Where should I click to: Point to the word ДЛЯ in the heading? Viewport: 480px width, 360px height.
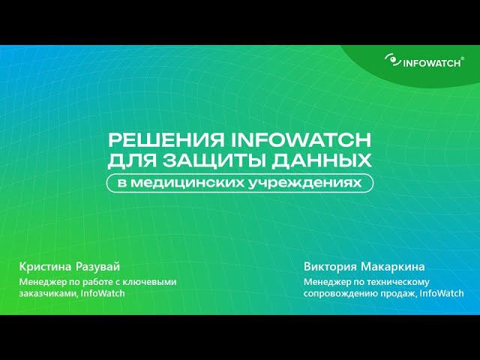point(129,160)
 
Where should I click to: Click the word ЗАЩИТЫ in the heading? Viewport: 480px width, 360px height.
point(211,160)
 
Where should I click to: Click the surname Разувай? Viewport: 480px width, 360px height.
point(99,267)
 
